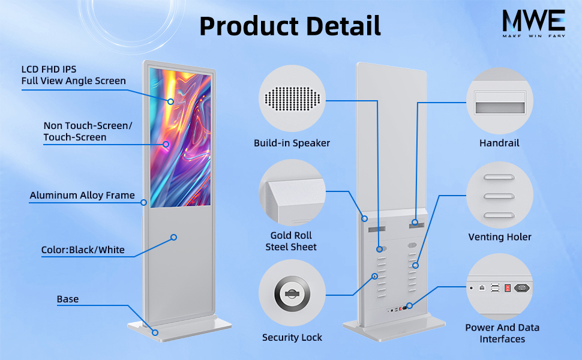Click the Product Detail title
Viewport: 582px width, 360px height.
click(290, 26)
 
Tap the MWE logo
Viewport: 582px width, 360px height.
click(533, 23)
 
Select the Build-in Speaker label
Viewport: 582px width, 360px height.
click(292, 143)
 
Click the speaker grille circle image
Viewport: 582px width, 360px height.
click(292, 98)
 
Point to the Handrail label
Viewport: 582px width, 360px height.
click(499, 143)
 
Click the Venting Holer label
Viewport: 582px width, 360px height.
click(500, 237)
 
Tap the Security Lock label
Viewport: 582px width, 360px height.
click(292, 337)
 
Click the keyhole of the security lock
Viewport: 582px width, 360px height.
click(292, 293)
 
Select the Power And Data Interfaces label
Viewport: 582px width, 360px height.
click(502, 333)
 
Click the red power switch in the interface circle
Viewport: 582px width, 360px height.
click(508, 287)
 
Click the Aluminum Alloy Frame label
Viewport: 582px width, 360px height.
click(82, 195)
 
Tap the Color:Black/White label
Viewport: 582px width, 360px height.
click(83, 250)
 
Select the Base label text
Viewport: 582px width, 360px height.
click(68, 299)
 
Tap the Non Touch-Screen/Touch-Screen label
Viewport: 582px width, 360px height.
click(87, 131)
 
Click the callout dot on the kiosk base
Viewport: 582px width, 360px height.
click(155, 332)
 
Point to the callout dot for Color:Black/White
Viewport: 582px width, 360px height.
click(173, 237)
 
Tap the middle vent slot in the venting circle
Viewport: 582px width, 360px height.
click(499, 196)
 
